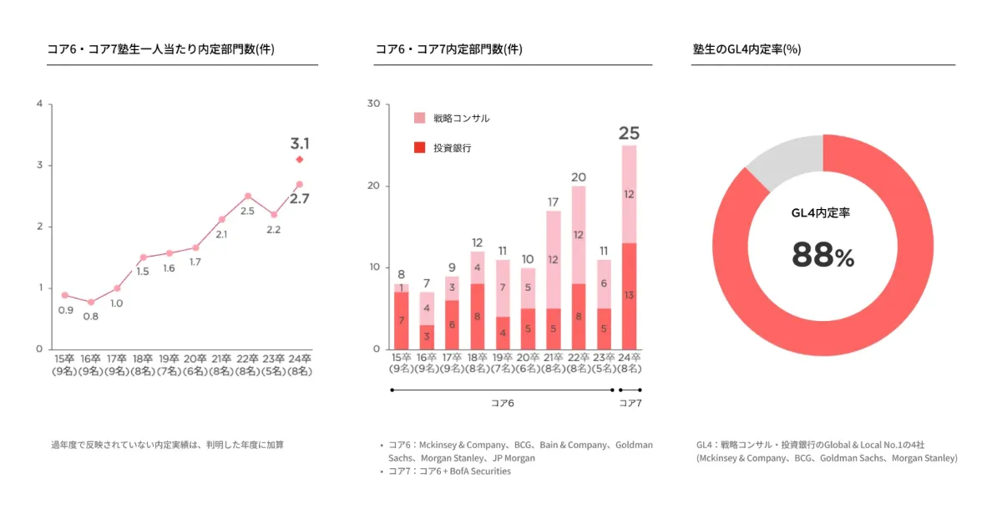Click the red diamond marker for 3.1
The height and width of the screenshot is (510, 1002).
pos(299,159)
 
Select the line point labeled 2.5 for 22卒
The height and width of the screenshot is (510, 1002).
pos(248,196)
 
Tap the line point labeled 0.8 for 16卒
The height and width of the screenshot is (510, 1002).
pos(91,302)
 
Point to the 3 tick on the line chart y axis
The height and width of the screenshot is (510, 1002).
pos(39,166)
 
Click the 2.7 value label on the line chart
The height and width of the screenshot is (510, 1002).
pos(299,199)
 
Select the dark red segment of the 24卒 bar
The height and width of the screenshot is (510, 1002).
pos(629,296)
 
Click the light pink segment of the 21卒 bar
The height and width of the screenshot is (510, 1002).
pos(553,259)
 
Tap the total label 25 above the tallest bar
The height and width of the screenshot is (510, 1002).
pos(629,133)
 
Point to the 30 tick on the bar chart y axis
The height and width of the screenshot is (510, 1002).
pos(373,105)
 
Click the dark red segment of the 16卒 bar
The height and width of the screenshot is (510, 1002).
pos(427,337)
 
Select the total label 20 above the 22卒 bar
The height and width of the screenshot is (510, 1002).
pos(578,177)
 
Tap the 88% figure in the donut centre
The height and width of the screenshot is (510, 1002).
pos(822,257)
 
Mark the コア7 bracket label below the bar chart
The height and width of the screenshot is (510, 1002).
pos(630,403)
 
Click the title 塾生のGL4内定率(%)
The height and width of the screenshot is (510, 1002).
pos(746,49)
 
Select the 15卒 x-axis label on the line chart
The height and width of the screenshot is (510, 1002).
pos(65,365)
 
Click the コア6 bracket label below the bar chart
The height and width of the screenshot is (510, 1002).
pos(502,403)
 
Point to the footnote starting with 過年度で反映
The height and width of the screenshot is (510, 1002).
pos(167,445)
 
